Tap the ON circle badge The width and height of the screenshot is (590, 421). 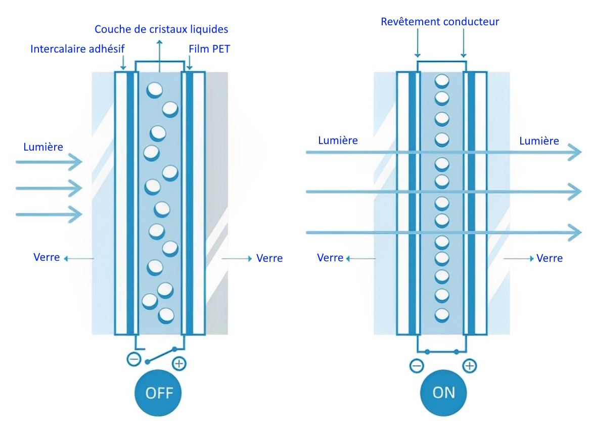pyautogui.click(x=443, y=393)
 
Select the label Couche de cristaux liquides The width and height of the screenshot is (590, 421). pyautogui.click(x=161, y=29)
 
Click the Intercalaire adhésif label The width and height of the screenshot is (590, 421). pyautogui.click(x=77, y=49)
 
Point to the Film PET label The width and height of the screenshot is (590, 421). pyautogui.click(x=209, y=49)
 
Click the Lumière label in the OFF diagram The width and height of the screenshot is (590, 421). pyautogui.click(x=43, y=147)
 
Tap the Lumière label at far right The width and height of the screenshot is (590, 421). pyautogui.click(x=539, y=141)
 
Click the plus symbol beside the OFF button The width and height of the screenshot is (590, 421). pyautogui.click(x=179, y=363)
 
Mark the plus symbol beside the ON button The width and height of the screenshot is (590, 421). pyautogui.click(x=470, y=365)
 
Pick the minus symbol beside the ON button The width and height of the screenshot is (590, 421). pyautogui.click(x=417, y=365)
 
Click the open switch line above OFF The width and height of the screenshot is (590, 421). pyautogui.click(x=161, y=355)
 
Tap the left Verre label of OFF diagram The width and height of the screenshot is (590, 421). pyautogui.click(x=47, y=257)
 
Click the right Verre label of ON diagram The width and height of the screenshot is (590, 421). pyautogui.click(x=550, y=258)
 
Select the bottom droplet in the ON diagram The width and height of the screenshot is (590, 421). pyautogui.click(x=442, y=314)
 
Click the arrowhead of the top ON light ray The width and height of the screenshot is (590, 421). pyautogui.click(x=576, y=152)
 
